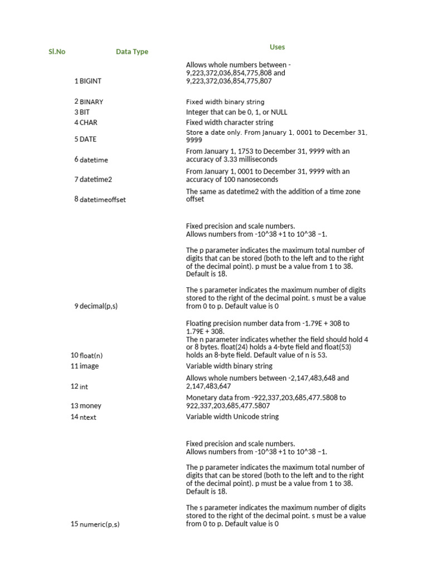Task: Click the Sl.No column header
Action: coord(57,52)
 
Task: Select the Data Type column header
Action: coord(132,52)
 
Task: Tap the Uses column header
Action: coord(277,47)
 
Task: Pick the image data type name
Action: coord(90,366)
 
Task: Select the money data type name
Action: coord(91,406)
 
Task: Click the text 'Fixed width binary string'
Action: coord(225,102)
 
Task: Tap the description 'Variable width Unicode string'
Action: coord(232,417)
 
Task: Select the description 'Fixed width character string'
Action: coord(230,122)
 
